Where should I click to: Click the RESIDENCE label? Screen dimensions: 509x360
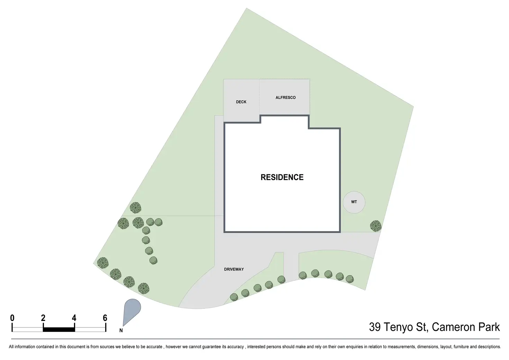tap(282, 177)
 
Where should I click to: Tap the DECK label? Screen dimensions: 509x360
tap(241, 102)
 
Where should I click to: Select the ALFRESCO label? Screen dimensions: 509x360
tap(285, 98)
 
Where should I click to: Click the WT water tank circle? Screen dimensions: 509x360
tap(354, 202)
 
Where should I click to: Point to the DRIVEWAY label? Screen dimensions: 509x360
tap(234, 269)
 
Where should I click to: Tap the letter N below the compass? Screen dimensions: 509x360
tap(121, 331)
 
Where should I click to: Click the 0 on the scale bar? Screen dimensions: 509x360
tap(12, 318)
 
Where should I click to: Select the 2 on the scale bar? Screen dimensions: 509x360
tap(43, 318)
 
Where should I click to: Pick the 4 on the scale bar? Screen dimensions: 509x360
tap(74, 318)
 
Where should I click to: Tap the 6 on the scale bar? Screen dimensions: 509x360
tap(105, 318)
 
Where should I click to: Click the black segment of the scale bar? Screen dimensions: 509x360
tap(59, 330)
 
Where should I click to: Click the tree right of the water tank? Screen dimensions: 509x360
tap(376, 226)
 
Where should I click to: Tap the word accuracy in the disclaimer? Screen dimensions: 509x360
tap(235, 347)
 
